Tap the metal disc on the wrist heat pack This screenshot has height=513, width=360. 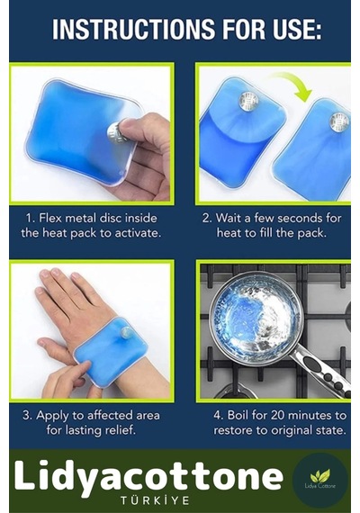pos(126,333)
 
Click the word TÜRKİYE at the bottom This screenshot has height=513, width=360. pos(155,500)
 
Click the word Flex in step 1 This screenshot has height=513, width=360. pos(50,218)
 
